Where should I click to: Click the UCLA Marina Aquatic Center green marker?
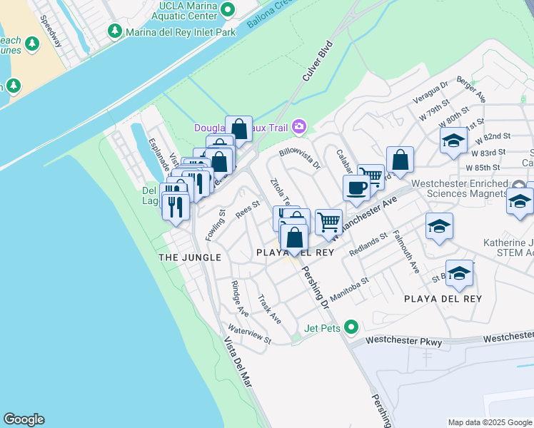click(x=228, y=9)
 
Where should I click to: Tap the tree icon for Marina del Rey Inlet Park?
click(x=114, y=31)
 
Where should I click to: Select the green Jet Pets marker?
click(x=351, y=327)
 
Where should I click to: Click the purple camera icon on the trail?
click(x=298, y=127)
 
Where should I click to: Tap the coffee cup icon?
click(x=356, y=188)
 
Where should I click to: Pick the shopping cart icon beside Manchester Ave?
click(x=328, y=221)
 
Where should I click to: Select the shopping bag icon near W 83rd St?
click(x=400, y=160)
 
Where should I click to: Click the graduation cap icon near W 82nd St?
click(x=453, y=141)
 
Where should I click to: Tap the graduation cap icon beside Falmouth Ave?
click(x=439, y=227)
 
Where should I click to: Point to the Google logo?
click(x=24, y=419)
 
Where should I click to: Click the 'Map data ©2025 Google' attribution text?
click(x=489, y=422)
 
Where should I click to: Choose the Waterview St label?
click(x=249, y=335)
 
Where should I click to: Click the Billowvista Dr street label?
click(x=300, y=158)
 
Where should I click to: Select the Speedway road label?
click(x=51, y=31)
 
